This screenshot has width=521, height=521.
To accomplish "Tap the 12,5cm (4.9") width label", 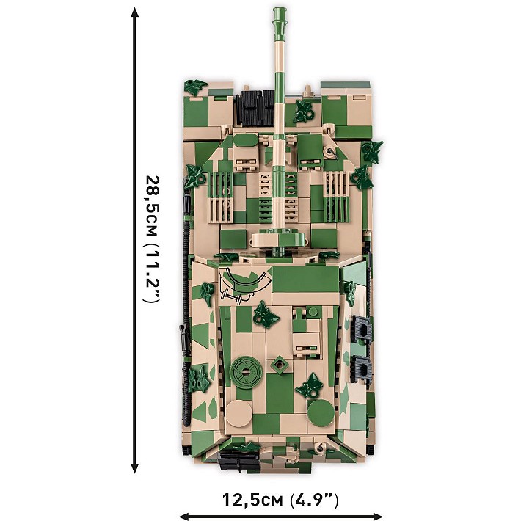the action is pyautogui.click(x=280, y=499).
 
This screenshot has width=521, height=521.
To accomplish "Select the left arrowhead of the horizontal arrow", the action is pyautogui.click(x=184, y=517).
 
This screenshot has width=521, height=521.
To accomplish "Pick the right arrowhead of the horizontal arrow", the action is pyautogui.click(x=377, y=517).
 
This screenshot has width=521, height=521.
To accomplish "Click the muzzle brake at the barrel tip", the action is pyautogui.click(x=279, y=21).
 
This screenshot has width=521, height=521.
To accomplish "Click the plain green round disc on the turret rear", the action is pyautogui.click(x=321, y=412).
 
